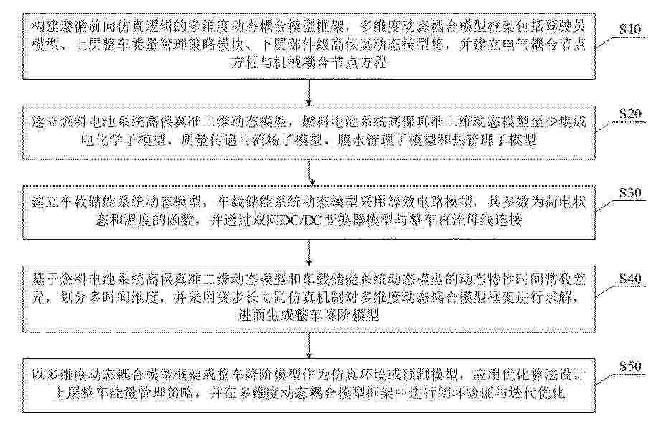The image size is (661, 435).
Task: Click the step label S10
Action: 630,29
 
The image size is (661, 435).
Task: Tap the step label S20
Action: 630,113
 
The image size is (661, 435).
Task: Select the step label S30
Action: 630,193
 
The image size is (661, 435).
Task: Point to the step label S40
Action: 630,279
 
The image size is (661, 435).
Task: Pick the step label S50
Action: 630,366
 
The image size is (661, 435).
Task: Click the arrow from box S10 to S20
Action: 309,93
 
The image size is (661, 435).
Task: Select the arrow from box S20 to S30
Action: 310,172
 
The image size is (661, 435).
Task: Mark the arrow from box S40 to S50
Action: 309,345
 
